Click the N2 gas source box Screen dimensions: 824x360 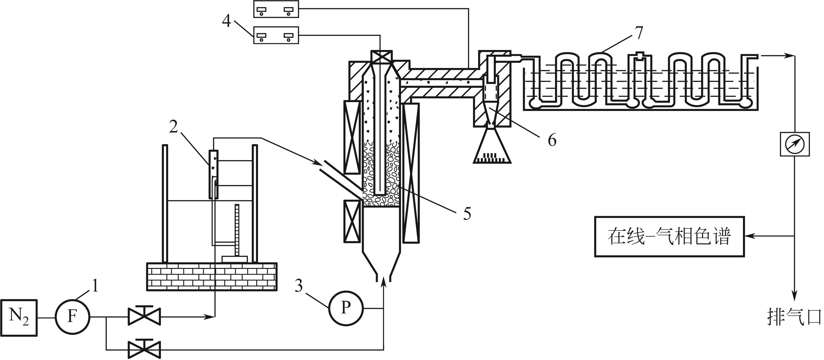(x=19, y=318)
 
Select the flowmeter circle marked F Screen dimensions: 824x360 (x=72, y=317)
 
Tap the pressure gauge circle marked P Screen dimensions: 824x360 (x=346, y=308)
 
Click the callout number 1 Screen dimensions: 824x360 (x=95, y=285)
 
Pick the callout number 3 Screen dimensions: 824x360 (x=299, y=286)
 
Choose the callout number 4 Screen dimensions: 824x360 (x=226, y=21)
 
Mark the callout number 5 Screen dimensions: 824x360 (x=467, y=214)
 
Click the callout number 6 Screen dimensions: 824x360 (x=552, y=140)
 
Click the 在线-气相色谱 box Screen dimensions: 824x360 (x=670, y=237)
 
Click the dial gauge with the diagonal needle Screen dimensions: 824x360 (x=794, y=144)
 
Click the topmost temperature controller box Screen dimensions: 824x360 (x=276, y=9)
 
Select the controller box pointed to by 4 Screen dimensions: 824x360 (x=276, y=35)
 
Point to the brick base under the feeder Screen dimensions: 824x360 (x=212, y=277)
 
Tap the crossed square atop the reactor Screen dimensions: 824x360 (x=381, y=57)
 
